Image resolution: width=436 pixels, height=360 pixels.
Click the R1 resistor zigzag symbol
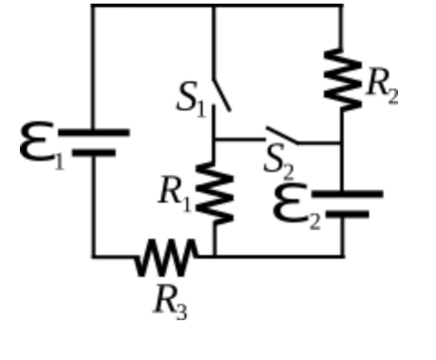click(x=214, y=194)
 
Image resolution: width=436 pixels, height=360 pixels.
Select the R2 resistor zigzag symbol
click(x=341, y=79)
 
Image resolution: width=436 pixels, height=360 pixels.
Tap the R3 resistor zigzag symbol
click(x=166, y=257)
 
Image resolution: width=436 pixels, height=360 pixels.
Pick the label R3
click(x=169, y=299)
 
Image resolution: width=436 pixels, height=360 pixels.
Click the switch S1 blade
click(x=221, y=94)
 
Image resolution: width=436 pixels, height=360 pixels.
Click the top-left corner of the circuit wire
click(x=92, y=5)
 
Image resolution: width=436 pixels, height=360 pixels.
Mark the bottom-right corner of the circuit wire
click(x=343, y=256)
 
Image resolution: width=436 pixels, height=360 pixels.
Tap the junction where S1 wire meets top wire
click(x=213, y=5)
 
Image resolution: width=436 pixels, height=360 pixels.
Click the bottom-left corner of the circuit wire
click(x=92, y=256)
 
